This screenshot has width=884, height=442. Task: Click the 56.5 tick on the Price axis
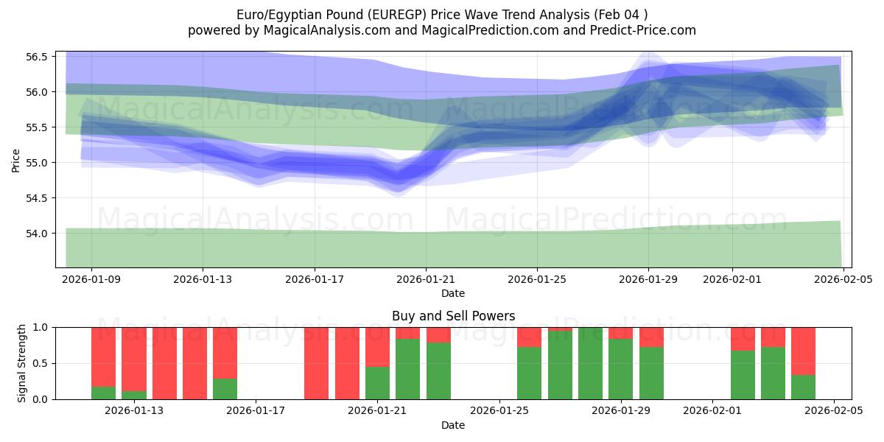[x=36, y=57]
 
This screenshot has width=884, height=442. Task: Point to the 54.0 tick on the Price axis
[x=36, y=234]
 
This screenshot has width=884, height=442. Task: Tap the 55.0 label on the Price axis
[x=36, y=163]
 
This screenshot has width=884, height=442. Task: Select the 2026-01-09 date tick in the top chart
[x=92, y=280]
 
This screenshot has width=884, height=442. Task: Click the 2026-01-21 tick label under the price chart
[x=426, y=280]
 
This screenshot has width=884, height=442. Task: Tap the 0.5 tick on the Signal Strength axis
[x=41, y=363]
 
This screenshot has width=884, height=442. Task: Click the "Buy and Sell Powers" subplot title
[x=453, y=316]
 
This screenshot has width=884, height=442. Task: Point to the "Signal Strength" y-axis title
[x=22, y=363]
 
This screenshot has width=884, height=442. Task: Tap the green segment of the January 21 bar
[x=377, y=383]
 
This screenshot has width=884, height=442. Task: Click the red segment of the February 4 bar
[x=803, y=351]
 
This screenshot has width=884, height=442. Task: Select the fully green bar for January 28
[x=590, y=363]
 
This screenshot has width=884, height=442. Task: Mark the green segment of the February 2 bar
[x=743, y=375]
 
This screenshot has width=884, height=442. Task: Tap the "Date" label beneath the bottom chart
[x=453, y=425]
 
